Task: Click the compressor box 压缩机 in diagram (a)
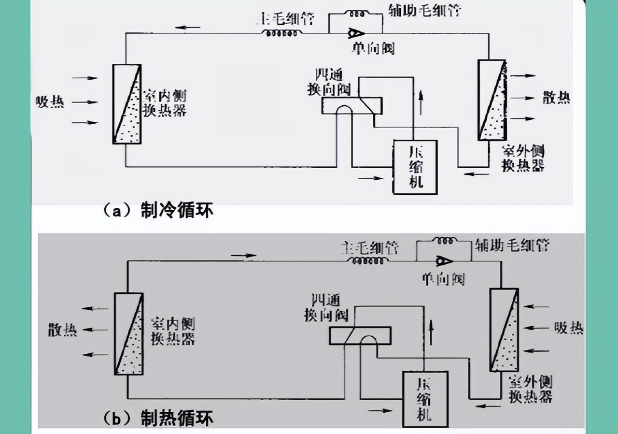(415, 167)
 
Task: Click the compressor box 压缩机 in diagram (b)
(425, 399)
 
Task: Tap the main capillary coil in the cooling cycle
(282, 33)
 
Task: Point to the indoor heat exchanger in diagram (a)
(127, 104)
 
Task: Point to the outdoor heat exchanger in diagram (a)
(492, 100)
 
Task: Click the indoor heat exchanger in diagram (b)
(129, 333)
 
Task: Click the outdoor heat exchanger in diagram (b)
(504, 330)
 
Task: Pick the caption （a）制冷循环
(158, 211)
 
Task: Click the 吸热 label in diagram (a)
(50, 102)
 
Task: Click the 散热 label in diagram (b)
(62, 331)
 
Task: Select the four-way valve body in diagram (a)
(352, 105)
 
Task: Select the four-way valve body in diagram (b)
(360, 335)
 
